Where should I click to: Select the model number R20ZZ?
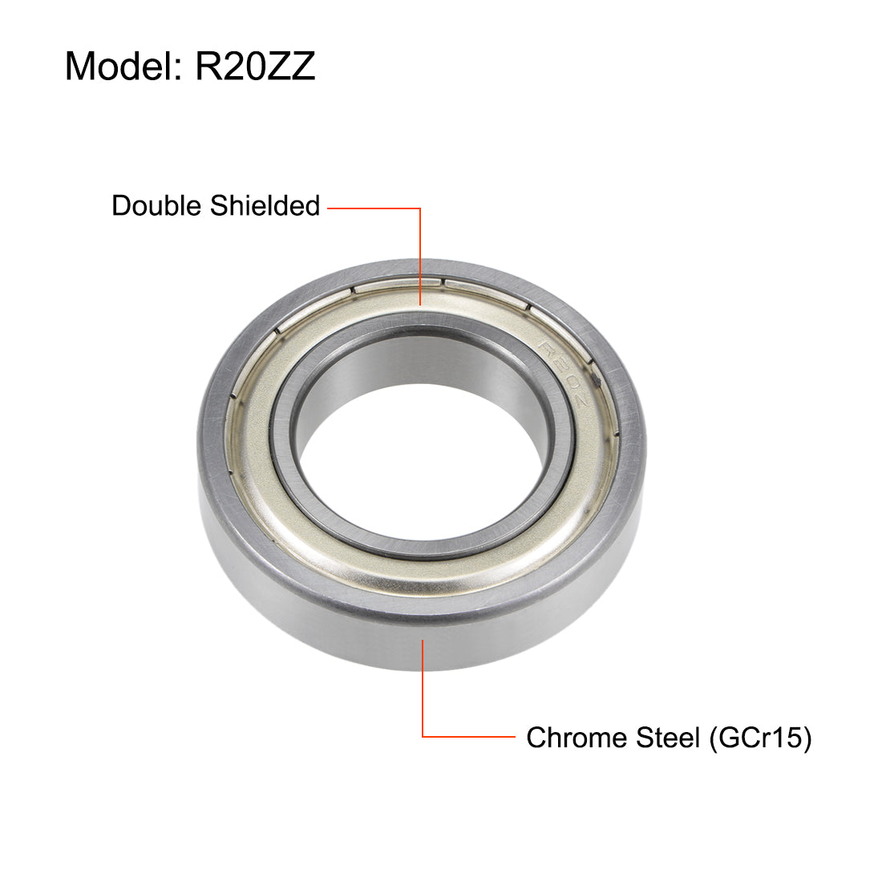(x=255, y=66)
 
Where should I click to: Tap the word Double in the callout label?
(x=157, y=206)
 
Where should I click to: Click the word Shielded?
(x=265, y=206)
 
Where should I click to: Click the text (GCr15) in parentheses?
(x=760, y=737)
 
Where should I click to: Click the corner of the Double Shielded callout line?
(x=420, y=208)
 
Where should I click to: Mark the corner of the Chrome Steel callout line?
(x=423, y=736)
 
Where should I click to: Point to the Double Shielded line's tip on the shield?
(x=420, y=305)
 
